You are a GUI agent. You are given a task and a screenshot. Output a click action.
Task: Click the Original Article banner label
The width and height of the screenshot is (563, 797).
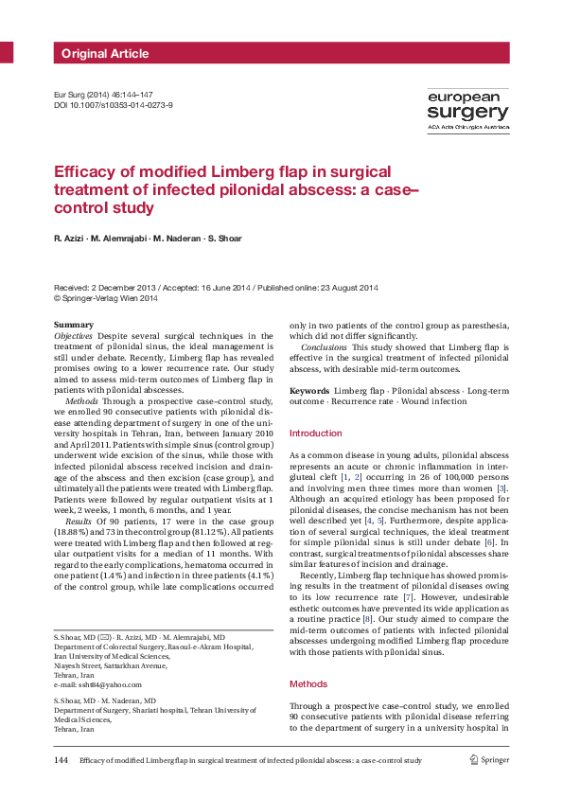pyautogui.click(x=98, y=53)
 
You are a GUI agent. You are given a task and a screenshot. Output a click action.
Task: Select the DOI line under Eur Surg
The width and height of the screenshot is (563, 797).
pyautogui.click(x=113, y=105)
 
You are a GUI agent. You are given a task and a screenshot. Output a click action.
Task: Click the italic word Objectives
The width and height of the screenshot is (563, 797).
pyautogui.click(x=74, y=336)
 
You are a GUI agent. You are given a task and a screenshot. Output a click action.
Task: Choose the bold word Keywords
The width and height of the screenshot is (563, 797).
pyautogui.click(x=309, y=391)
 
